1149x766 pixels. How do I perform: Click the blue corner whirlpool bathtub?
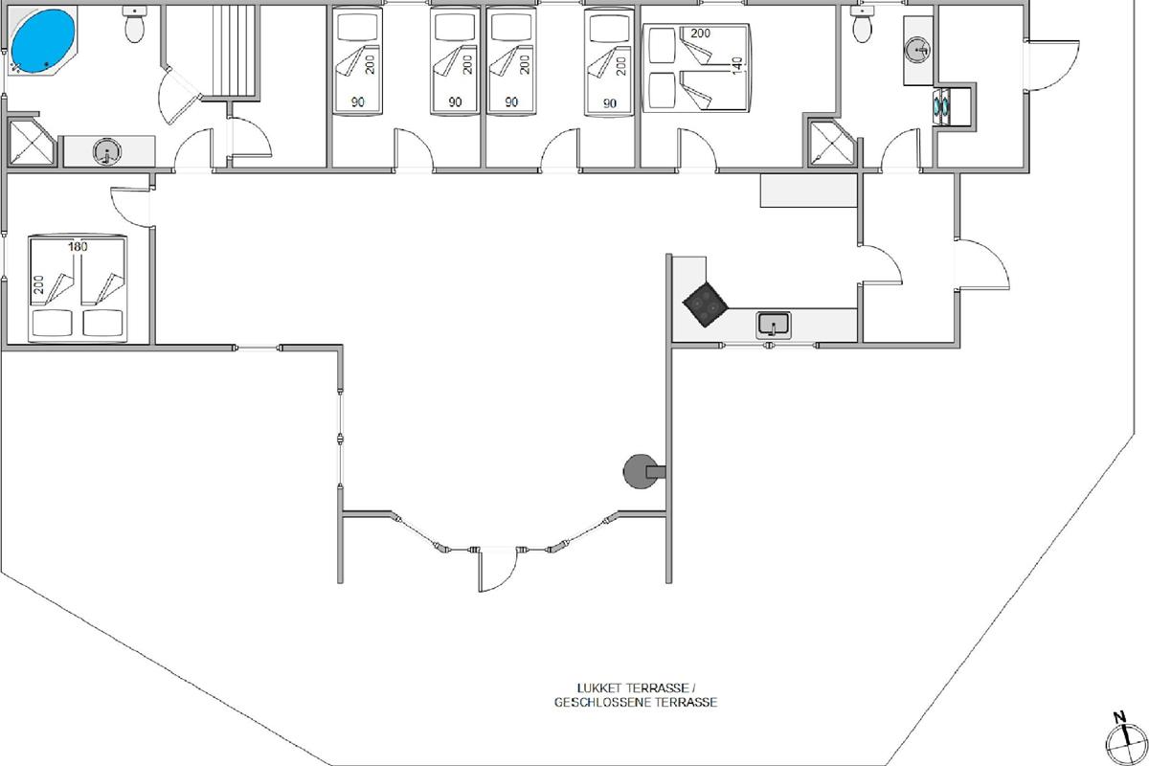pos(43,41)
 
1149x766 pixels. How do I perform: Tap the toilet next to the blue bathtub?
pos(134,25)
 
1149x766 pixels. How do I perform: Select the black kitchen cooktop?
pos(706,304)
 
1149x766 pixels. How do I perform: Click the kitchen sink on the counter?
pos(773,325)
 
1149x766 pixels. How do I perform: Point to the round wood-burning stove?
pos(642,471)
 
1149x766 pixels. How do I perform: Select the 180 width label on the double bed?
pos(78,247)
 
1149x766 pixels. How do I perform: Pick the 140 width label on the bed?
pos(737,66)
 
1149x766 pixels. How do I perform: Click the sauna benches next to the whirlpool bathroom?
pos(235,51)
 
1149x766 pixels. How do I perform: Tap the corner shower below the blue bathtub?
pos(32,143)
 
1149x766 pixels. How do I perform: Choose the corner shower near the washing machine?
pos(831,143)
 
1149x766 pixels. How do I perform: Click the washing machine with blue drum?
pos(942,106)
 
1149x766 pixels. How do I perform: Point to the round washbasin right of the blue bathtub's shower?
pos(107,152)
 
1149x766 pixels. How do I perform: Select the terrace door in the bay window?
pos(498,569)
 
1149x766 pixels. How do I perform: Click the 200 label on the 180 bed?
pos(39,284)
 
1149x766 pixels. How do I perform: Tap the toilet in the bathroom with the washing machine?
pos(863,25)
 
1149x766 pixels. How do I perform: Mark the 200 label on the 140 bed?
pos(700,34)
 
